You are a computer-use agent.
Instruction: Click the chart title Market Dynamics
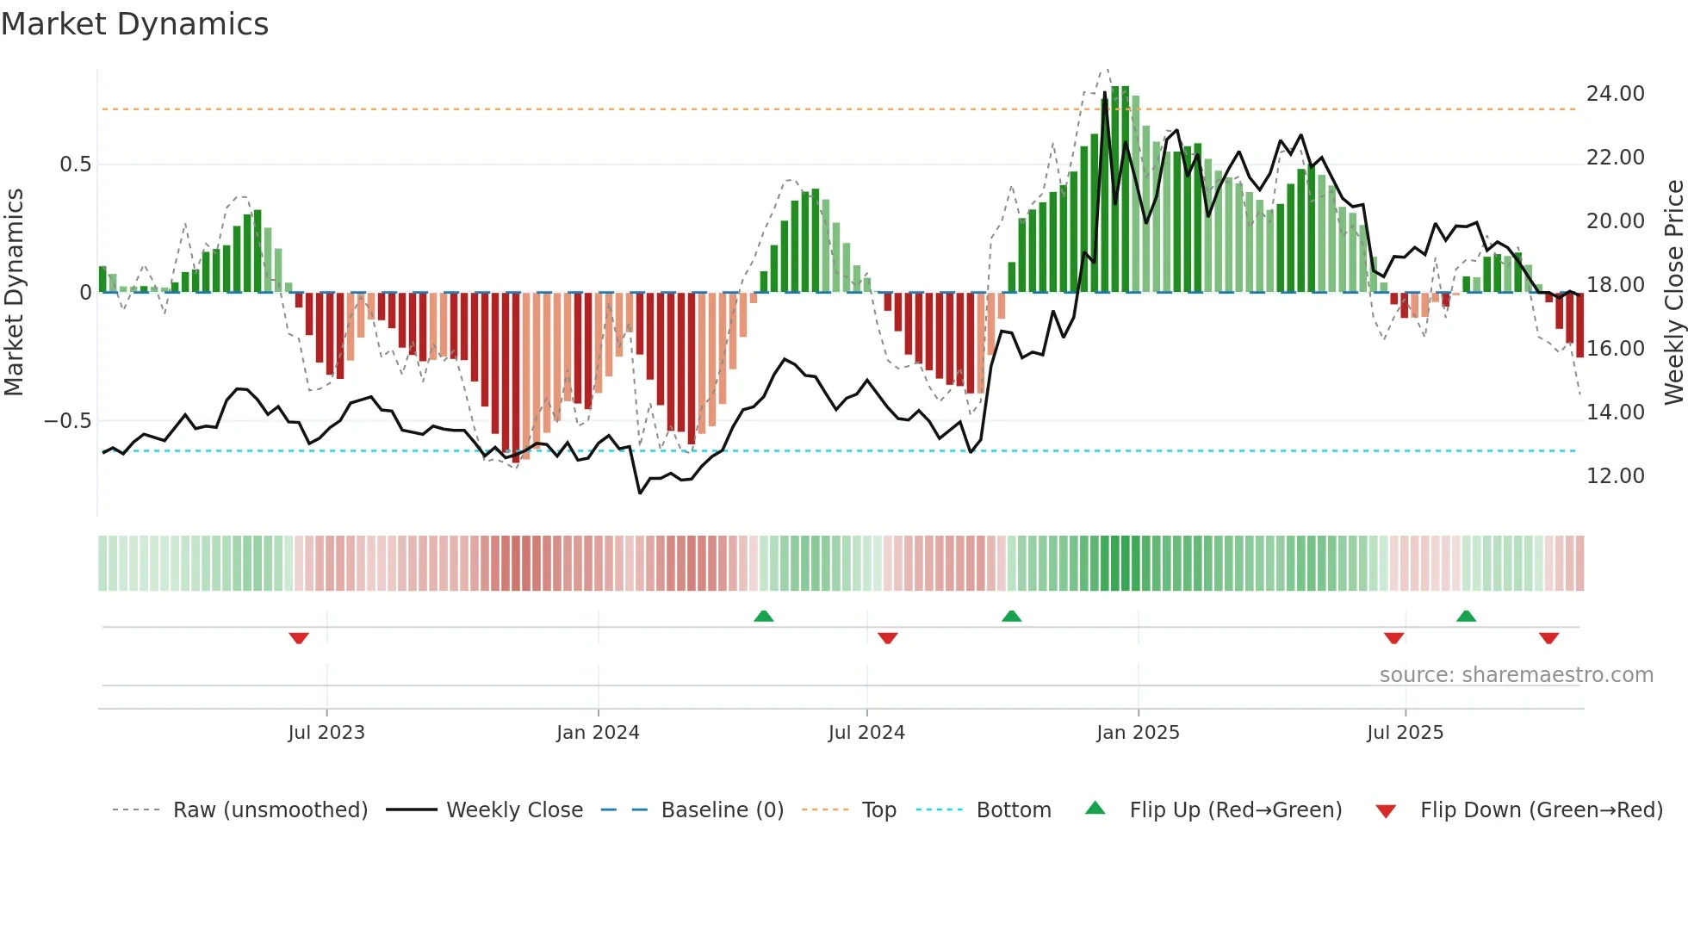click(135, 24)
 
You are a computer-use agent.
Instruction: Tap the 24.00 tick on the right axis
click(1615, 94)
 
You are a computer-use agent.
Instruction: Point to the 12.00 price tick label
click(1615, 476)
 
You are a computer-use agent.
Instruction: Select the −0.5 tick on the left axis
click(67, 421)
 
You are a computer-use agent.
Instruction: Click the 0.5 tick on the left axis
click(75, 164)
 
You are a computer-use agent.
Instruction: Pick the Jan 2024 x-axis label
click(598, 733)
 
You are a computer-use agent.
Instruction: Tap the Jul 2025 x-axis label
click(1405, 733)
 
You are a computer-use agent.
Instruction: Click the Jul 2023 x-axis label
click(326, 733)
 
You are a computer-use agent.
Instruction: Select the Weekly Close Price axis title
click(1673, 292)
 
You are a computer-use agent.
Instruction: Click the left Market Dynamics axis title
click(15, 292)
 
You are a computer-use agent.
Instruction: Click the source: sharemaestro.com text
click(1516, 675)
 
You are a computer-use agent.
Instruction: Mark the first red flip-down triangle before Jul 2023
click(299, 638)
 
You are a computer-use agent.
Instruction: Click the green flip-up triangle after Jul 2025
click(1466, 616)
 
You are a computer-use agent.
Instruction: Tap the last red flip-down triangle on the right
click(1548, 638)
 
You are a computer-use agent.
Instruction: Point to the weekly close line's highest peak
click(1105, 93)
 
